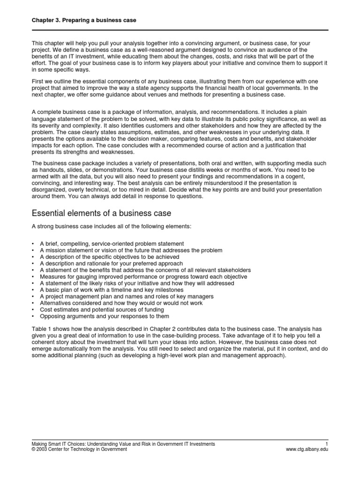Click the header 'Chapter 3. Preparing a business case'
83,21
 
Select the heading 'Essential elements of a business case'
101,213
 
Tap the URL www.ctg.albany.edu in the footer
307,449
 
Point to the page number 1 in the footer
326,443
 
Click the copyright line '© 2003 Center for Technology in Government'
79,449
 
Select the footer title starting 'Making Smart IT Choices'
123,443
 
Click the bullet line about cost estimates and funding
102,310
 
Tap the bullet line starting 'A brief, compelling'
112,244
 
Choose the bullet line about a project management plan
127,297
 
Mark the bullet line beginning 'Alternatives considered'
121,303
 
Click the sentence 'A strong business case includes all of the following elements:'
112,227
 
